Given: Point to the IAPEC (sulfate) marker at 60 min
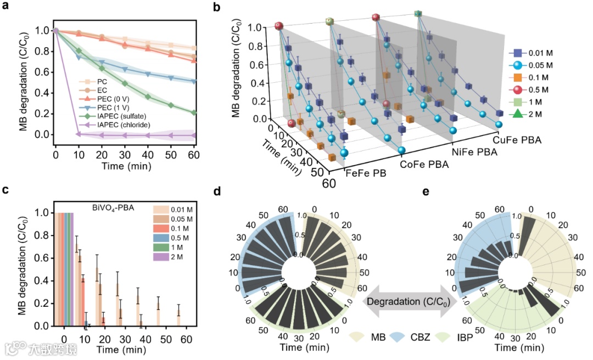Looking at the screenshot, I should (x=194, y=113).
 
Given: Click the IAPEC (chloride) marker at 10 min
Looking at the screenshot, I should (x=78, y=134).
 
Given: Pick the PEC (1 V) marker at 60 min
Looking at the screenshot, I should (x=194, y=81).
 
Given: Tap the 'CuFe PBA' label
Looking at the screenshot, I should (x=517, y=140).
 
